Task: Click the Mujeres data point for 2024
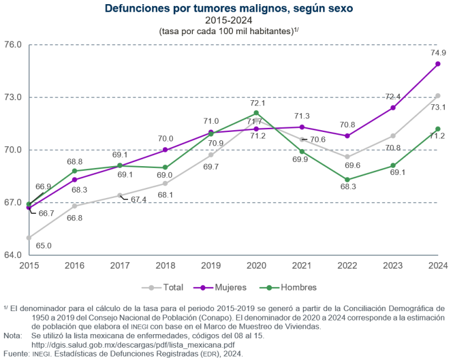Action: pyautogui.click(x=438, y=64)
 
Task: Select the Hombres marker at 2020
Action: pyautogui.click(x=256, y=113)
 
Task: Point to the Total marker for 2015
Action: pyautogui.click(x=28, y=237)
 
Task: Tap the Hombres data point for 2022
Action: pyautogui.click(x=347, y=180)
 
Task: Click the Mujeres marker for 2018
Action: pyautogui.click(x=165, y=150)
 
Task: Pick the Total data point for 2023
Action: pyautogui.click(x=392, y=136)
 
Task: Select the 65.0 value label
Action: pyautogui.click(x=44, y=245)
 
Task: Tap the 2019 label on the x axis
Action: pyautogui.click(x=211, y=266)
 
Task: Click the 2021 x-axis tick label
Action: pyautogui.click(x=301, y=266)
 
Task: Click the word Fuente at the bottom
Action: pyautogui.click(x=15, y=354)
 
